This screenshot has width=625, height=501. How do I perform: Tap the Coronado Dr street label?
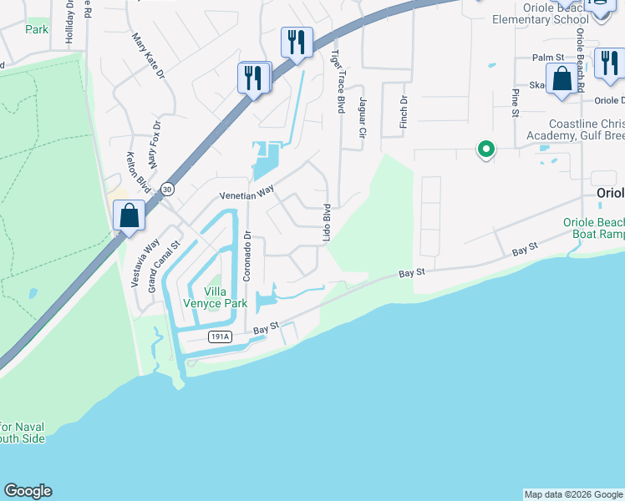(247, 256)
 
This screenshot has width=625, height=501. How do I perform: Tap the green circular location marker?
(485, 149)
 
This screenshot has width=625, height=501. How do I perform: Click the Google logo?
(28, 491)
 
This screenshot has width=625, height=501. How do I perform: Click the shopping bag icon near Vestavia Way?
(130, 215)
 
